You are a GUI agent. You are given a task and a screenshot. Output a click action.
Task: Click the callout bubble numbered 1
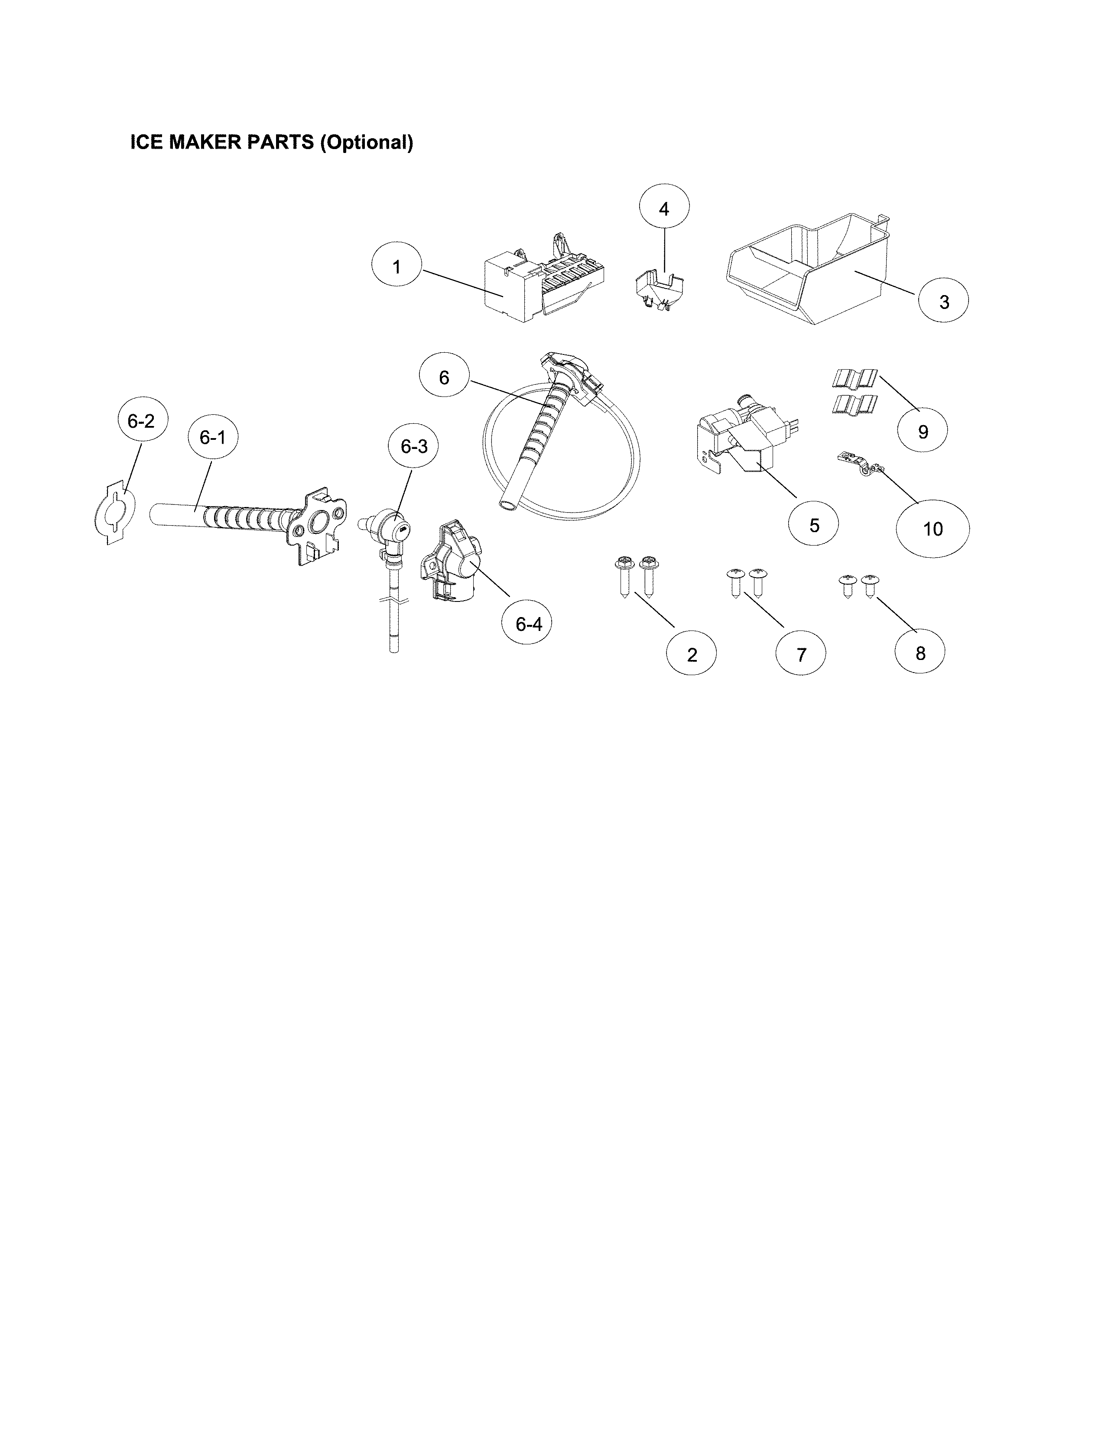click(x=396, y=266)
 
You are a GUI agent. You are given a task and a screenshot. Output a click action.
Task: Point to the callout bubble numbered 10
click(x=932, y=528)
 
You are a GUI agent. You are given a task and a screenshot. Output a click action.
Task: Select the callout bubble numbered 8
click(x=920, y=653)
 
